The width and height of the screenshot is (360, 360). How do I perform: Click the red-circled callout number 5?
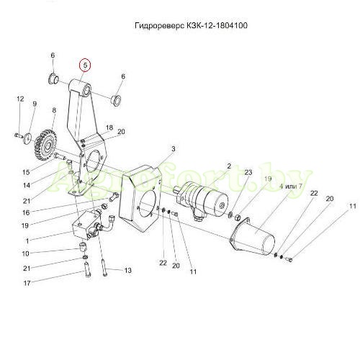(85, 65)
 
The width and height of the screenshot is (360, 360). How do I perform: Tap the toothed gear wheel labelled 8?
(45, 145)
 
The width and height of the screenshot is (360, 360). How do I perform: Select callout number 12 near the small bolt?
(20, 99)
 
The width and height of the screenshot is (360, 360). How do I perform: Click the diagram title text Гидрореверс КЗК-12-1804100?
(191, 25)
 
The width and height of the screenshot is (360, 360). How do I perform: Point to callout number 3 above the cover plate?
(174, 149)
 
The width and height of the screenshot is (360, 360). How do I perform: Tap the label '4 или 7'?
(291, 186)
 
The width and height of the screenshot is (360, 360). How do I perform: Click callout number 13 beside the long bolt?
(128, 271)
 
